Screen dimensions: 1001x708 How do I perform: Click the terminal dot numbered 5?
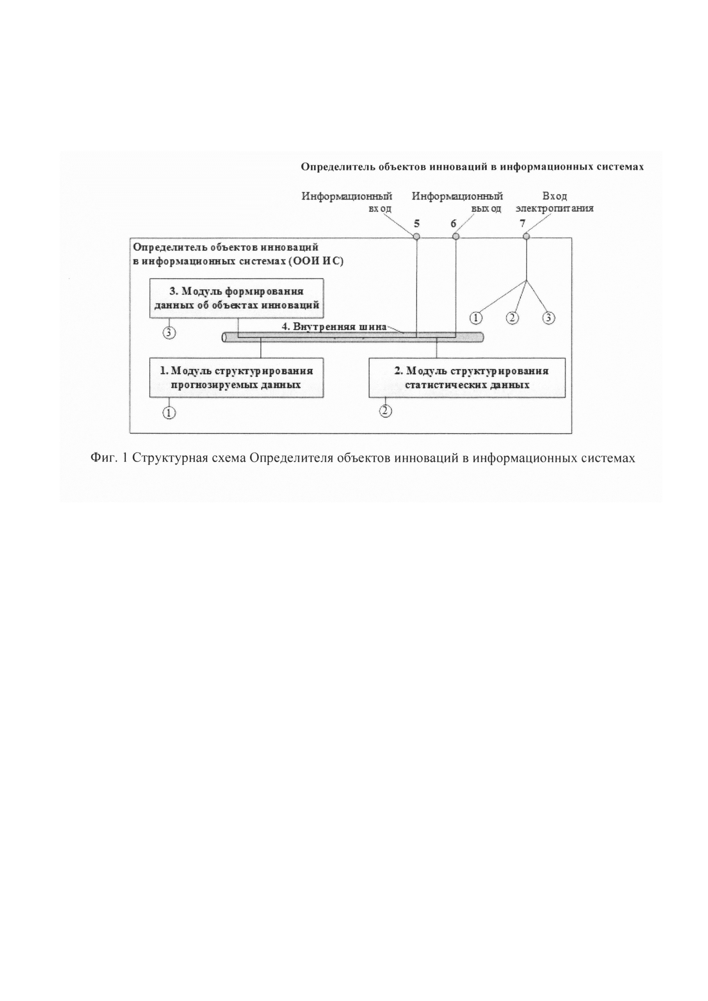tap(416, 236)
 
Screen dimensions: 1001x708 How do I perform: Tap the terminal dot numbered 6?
tap(456, 236)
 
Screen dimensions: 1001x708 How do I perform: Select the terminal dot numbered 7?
tap(526, 236)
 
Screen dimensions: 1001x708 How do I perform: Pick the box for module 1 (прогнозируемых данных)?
tap(236, 378)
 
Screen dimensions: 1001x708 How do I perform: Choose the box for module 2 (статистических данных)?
tap(467, 378)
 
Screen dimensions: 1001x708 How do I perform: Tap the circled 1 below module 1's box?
tap(169, 412)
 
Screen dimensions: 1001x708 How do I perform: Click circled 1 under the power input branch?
tap(476, 318)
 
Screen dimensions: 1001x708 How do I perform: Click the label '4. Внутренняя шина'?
tap(334, 327)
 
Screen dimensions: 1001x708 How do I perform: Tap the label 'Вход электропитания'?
tap(554, 202)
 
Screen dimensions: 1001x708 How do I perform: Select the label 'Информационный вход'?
tap(347, 202)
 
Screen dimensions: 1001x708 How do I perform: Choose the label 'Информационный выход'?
tap(457, 202)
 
